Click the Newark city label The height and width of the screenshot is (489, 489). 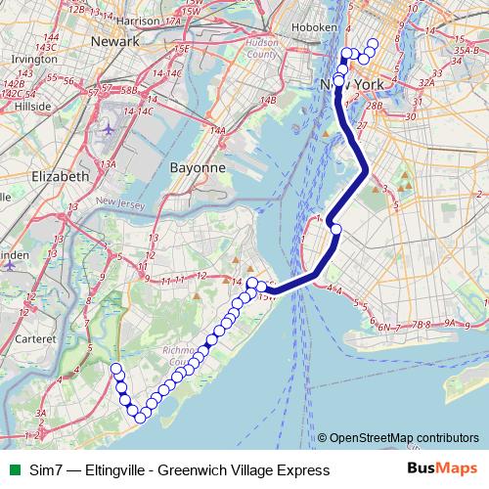pyautogui.click(x=115, y=42)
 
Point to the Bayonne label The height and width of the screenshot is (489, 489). pyautogui.click(x=199, y=167)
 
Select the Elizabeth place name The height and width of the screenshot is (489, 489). pyautogui.click(x=61, y=176)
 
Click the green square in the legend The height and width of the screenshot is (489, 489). pyautogui.click(x=13, y=470)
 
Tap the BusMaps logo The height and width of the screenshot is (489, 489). pyautogui.click(x=443, y=470)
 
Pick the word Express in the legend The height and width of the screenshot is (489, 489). pyautogui.click(x=302, y=470)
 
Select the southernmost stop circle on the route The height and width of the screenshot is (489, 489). pyautogui.click(x=140, y=418)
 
